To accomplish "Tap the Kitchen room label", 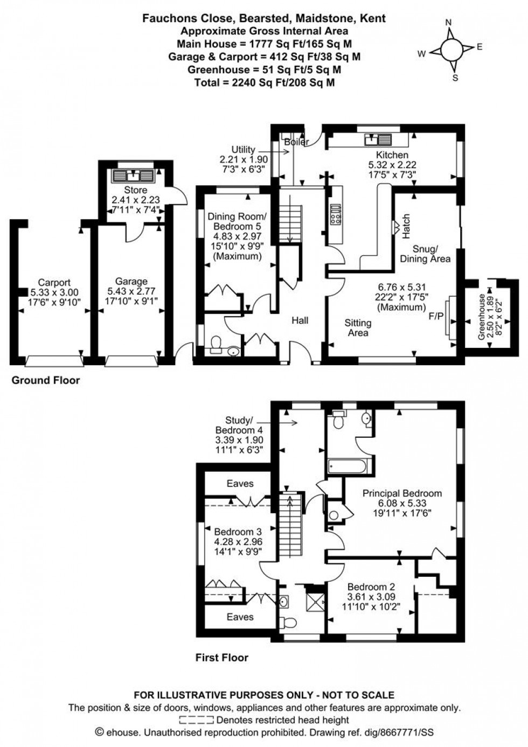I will point(392,155).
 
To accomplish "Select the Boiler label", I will point(296,142).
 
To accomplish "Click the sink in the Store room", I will point(133,176).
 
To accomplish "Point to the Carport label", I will point(54,282).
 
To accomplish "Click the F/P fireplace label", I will point(436,316).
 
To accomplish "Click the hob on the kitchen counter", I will point(335,214).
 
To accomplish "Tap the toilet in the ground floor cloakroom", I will point(216,344).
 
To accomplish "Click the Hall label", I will point(300,320).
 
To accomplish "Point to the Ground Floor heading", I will point(46,380).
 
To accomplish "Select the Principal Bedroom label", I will point(402,493).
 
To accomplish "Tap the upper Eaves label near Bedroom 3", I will point(240,484).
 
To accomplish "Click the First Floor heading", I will point(221,657).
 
